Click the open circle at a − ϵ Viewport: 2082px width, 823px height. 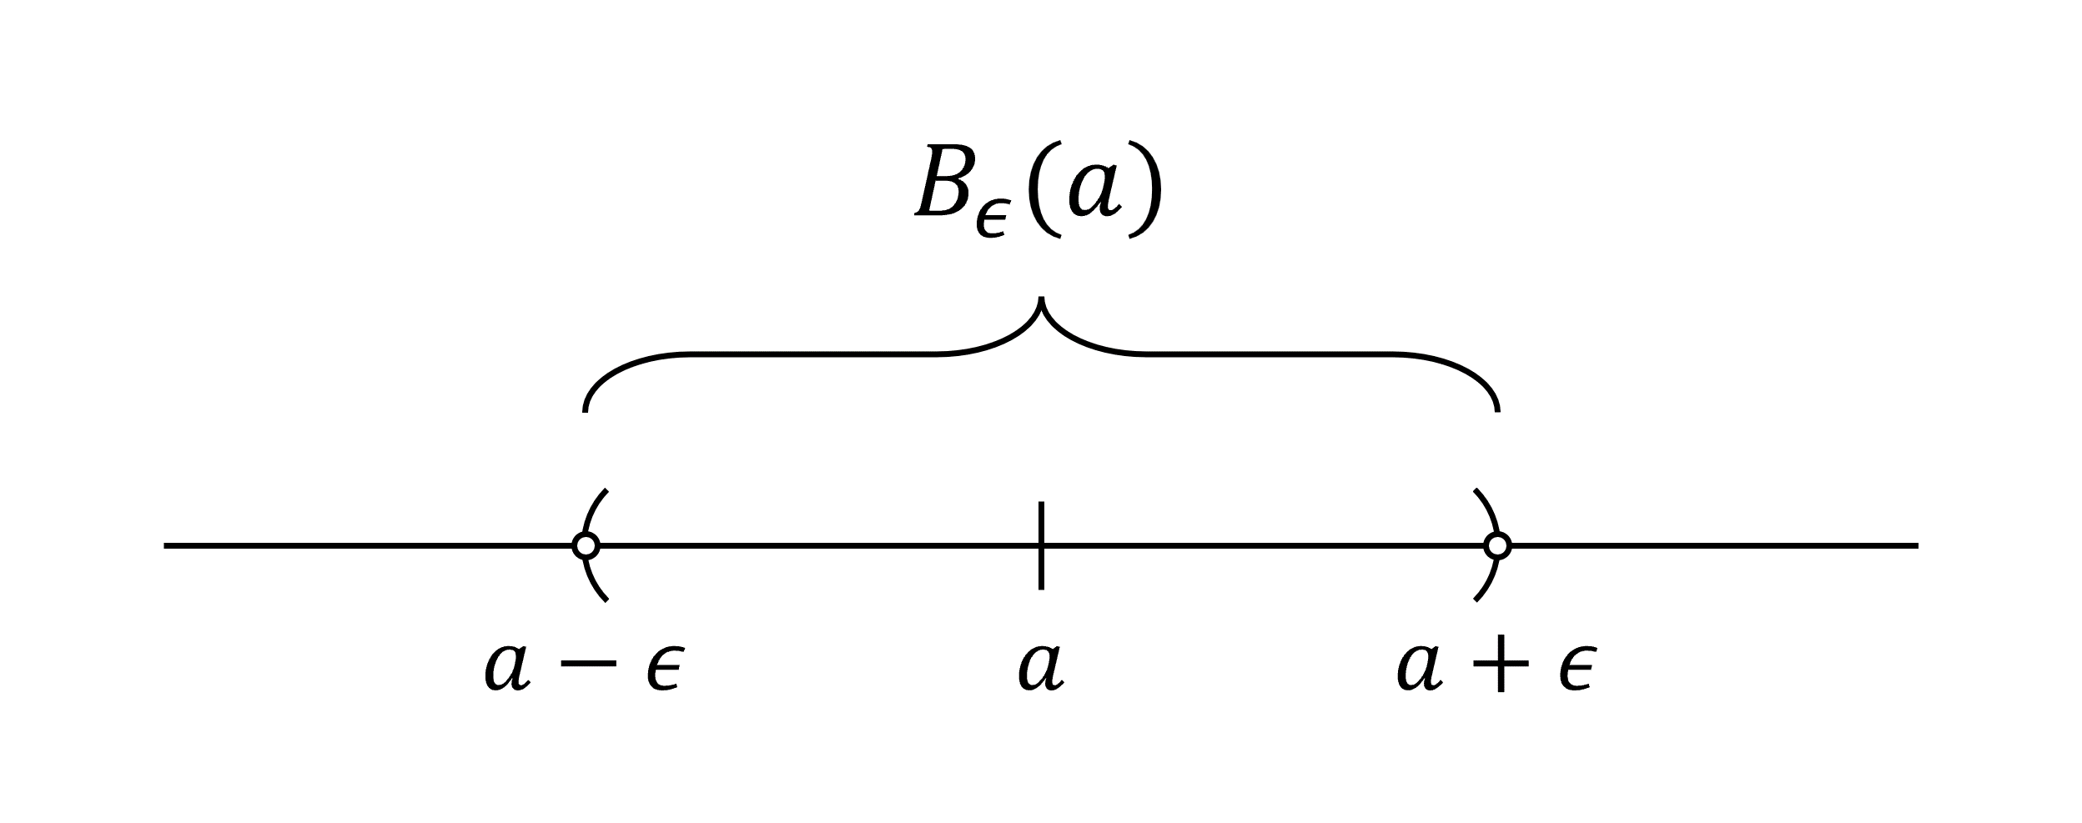click(586, 545)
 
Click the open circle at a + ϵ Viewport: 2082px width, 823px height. click(1497, 545)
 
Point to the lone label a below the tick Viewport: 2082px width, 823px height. click(1041, 667)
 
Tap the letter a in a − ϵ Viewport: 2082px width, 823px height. click(507, 667)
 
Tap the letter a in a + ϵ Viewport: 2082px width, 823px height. click(1420, 667)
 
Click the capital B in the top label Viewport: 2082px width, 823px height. click(945, 183)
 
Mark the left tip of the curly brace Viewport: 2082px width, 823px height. click(586, 409)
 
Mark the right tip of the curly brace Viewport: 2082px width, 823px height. click(1497, 409)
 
